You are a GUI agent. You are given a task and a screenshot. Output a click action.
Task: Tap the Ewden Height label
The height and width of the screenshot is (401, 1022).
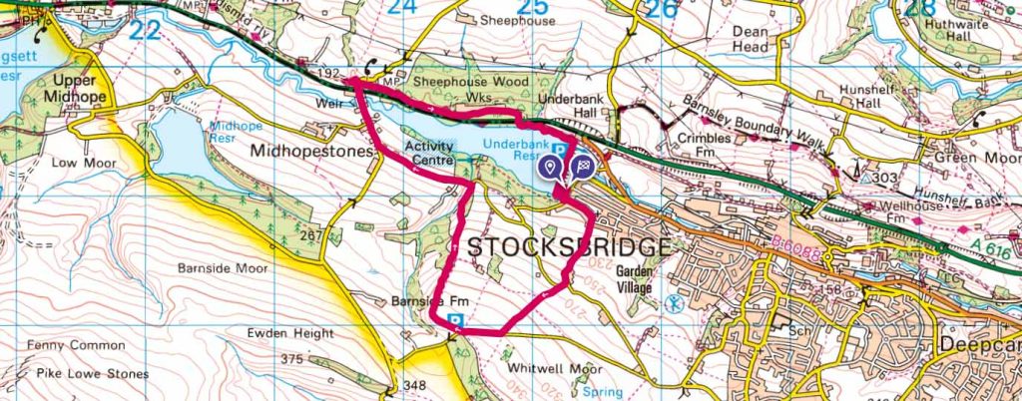click(293, 333)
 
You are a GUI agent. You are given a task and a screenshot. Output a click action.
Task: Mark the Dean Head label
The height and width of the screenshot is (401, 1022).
click(751, 38)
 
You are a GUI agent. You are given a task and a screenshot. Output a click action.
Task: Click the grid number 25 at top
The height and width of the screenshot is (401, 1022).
click(534, 9)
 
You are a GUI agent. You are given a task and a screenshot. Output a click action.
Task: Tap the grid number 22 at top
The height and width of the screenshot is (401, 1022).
click(146, 31)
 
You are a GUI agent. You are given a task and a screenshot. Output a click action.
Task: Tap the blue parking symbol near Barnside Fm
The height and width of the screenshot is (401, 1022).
click(457, 321)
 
